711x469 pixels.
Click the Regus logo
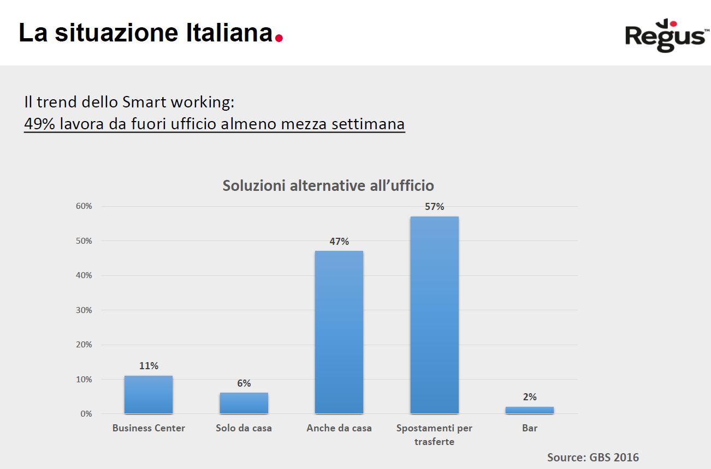[665, 35]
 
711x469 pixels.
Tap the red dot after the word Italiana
[279, 38]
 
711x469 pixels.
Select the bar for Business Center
[148, 395]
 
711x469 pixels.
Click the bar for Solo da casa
[244, 403]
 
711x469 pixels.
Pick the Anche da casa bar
[339, 332]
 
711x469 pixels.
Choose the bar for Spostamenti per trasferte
[434, 315]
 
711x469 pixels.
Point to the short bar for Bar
[529, 410]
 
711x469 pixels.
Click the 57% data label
[434, 207]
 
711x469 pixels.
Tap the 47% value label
[339, 241]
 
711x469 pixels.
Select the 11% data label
[149, 366]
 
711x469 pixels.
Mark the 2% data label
[529, 397]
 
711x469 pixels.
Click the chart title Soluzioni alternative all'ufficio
[328, 185]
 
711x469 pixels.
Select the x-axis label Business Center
[149, 428]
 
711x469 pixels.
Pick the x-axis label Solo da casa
[244, 428]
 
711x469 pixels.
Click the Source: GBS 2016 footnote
[592, 457]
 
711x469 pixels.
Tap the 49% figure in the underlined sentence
[40, 124]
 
